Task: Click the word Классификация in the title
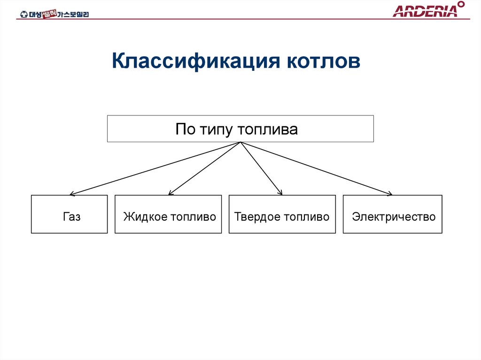(193, 61)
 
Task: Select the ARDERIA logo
(425, 11)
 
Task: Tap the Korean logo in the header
(54, 14)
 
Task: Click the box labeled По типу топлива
(240, 129)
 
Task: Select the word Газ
(71, 217)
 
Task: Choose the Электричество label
(394, 217)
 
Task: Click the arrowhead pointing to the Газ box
(72, 193)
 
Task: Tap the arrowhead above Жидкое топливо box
(171, 192)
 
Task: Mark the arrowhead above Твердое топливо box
(280, 192)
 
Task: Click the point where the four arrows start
(240, 143)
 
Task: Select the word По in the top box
(183, 129)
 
